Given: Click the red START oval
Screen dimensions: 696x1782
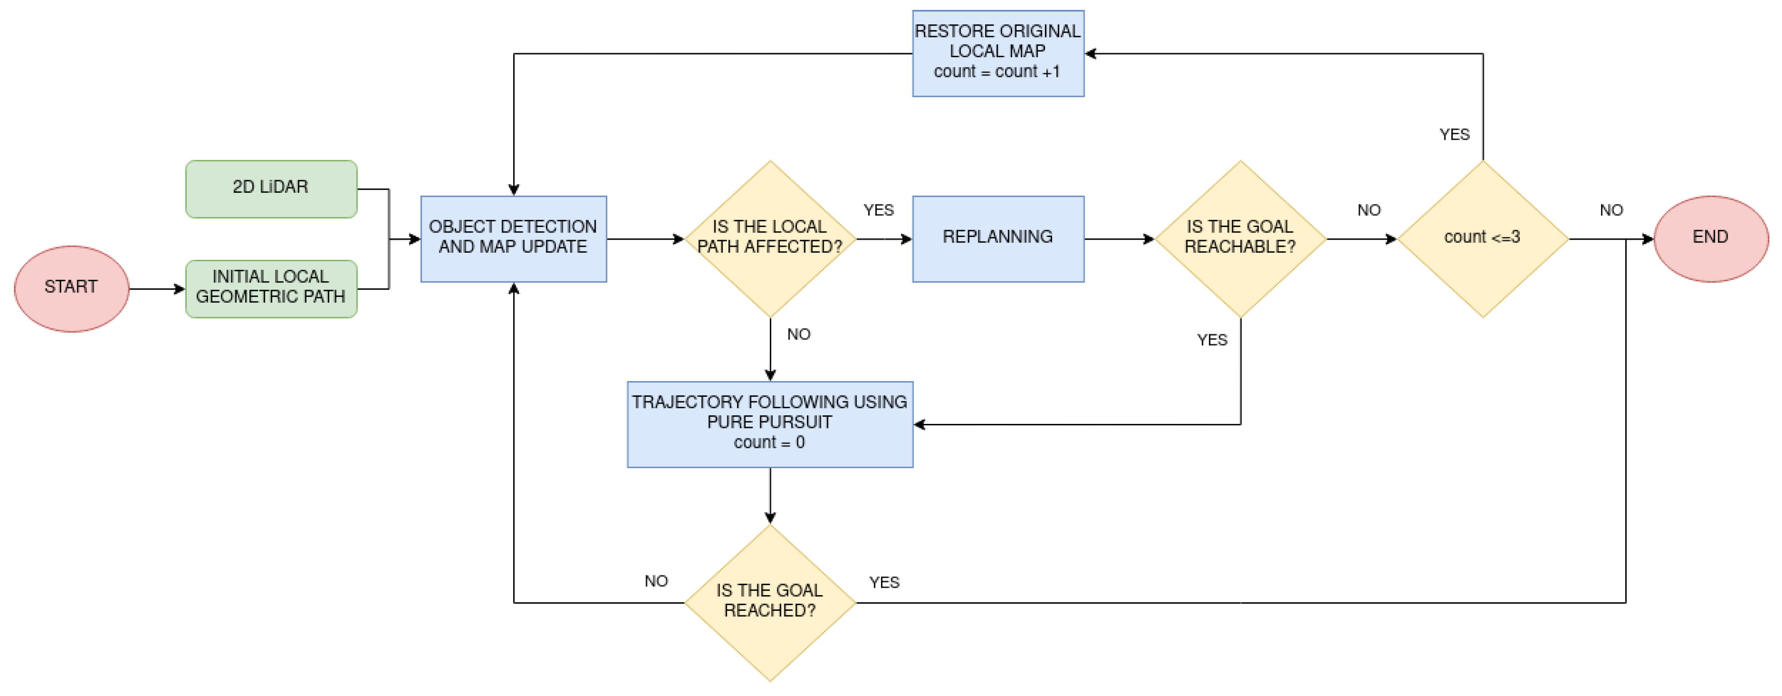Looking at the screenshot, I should (x=71, y=288).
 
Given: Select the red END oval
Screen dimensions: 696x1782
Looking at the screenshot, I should (x=1710, y=239).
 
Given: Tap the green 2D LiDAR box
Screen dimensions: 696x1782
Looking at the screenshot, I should (x=271, y=189).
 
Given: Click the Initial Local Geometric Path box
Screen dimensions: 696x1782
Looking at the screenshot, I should (x=271, y=288).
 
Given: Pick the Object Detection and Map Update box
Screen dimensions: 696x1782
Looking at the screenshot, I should (x=513, y=239).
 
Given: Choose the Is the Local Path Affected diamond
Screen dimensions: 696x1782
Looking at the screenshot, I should (x=770, y=239).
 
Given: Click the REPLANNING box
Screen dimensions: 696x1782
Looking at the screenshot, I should (x=998, y=239).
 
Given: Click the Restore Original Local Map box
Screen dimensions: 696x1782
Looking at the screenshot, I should (x=998, y=53).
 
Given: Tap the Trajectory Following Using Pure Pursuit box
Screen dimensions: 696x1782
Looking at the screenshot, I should (x=770, y=424).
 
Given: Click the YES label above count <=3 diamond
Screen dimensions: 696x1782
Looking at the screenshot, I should (x=1454, y=135).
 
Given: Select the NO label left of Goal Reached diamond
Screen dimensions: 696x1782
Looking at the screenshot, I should (x=656, y=581).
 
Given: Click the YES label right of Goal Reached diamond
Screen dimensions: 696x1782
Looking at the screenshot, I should (x=884, y=582).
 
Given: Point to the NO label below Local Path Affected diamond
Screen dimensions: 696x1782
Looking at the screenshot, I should (x=798, y=335).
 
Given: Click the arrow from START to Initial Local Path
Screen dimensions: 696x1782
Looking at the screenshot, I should (x=157, y=288).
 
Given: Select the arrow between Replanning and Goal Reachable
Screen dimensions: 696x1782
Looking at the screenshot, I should (x=1119, y=239).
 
